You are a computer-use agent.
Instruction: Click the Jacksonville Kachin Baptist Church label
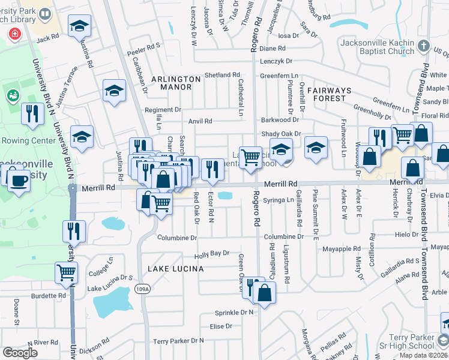[x=377, y=47]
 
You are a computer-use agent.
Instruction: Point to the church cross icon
[x=424, y=46]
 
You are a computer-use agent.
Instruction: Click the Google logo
[x=19, y=353]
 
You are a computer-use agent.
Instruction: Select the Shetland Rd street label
[x=222, y=75]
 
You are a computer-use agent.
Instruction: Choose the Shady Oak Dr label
[x=280, y=134]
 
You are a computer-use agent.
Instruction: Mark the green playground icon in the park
[x=11, y=94]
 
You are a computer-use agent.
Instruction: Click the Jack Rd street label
[x=47, y=37]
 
